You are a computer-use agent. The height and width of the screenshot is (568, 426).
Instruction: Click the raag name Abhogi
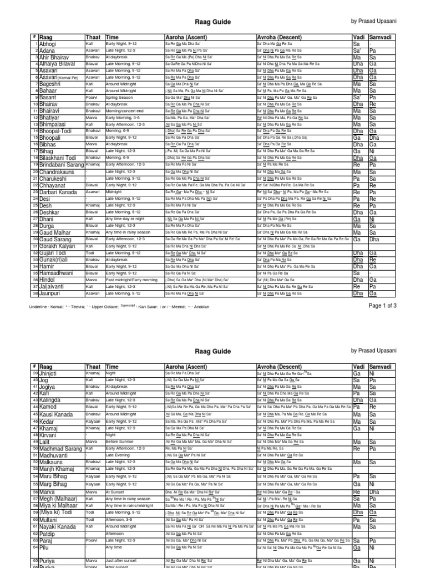[47, 43]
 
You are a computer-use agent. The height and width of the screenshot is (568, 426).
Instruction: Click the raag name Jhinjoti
[50, 374]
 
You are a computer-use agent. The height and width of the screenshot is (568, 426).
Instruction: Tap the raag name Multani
[49, 519]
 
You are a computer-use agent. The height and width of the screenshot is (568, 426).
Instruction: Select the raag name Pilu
[44, 547]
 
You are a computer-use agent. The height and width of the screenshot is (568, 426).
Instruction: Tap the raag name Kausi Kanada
[58, 415]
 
